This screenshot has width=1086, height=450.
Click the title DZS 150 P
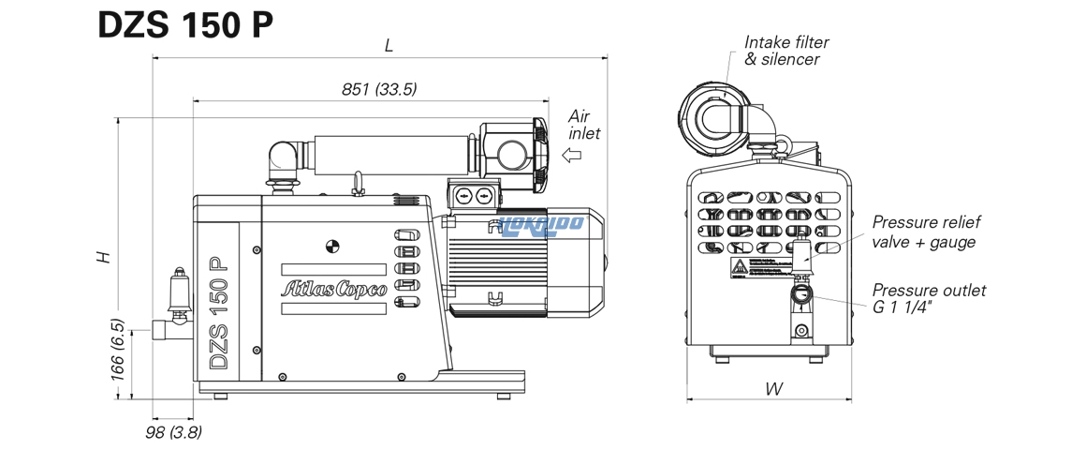(185, 25)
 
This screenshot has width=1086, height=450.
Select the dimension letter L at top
(388, 45)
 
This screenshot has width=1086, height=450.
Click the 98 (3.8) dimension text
(173, 432)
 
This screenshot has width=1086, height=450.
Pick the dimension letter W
(772, 388)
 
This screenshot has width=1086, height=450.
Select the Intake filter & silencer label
(785, 51)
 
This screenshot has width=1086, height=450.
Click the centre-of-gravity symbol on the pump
(330, 247)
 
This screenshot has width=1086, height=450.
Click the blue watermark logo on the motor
(543, 223)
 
